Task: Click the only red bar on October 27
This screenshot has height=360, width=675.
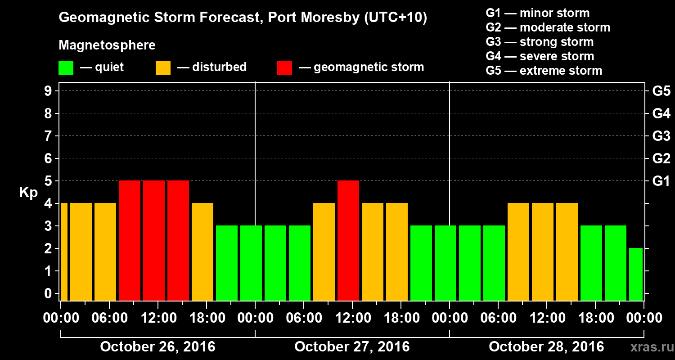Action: pos(348,240)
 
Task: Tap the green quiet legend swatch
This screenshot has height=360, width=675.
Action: pos(66,68)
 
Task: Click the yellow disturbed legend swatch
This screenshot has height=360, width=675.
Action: pos(163,68)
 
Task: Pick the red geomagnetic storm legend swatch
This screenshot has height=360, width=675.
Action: pos(284,68)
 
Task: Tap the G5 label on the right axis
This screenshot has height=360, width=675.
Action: pos(661,91)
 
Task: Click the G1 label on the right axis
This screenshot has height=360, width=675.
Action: pos(661,181)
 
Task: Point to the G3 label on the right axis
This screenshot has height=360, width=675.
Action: pos(661,136)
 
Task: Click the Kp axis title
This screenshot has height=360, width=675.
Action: pos(28,193)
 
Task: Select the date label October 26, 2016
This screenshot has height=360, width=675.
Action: pos(157,347)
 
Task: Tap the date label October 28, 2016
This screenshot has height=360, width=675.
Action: pos(546,347)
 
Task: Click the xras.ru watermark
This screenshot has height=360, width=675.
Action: pos(649,347)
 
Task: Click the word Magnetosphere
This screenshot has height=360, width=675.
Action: pos(107,45)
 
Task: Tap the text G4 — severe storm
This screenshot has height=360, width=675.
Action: pos(540,56)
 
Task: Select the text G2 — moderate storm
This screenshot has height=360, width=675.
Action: pos(548,27)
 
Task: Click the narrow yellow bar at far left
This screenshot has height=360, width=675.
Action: pos(64,252)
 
